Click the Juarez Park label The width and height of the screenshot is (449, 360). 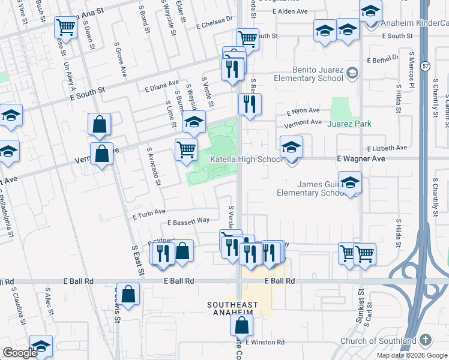(349, 124)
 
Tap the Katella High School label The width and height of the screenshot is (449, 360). (246, 159)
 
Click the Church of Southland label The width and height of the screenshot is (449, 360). (378, 341)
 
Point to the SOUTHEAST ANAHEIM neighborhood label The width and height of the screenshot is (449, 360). (241, 309)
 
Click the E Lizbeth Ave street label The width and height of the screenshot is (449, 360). (388, 148)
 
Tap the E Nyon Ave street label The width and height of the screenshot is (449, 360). (303, 111)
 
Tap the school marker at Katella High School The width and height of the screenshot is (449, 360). (291, 146)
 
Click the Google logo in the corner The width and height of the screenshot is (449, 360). (20, 353)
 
